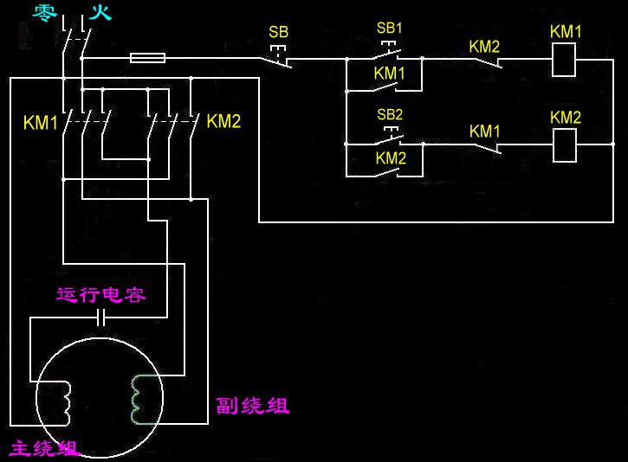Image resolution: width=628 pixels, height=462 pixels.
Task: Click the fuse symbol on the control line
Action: (x=148, y=59)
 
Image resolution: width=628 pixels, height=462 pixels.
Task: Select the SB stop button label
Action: (x=278, y=32)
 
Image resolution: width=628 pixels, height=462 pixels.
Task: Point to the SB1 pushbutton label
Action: (x=390, y=28)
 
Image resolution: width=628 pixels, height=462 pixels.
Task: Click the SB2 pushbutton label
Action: (x=390, y=114)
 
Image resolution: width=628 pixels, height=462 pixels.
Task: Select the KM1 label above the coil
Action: (x=566, y=32)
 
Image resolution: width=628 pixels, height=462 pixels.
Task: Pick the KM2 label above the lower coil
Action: (x=566, y=117)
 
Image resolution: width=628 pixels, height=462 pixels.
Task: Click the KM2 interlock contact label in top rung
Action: (x=484, y=46)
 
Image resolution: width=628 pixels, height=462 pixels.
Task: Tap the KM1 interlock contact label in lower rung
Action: (x=485, y=131)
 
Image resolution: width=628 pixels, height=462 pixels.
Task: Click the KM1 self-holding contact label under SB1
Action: (x=390, y=74)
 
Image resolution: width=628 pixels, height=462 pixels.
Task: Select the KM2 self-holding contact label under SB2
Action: (x=391, y=157)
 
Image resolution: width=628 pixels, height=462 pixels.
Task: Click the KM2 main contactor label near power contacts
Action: (x=223, y=121)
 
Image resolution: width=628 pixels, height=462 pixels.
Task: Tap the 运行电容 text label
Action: (x=100, y=295)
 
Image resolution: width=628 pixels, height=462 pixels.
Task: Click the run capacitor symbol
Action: (x=102, y=318)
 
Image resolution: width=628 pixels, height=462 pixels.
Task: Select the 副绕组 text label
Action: (x=253, y=406)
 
